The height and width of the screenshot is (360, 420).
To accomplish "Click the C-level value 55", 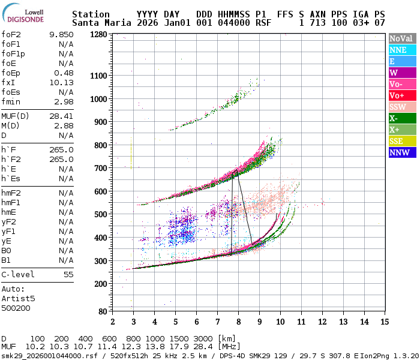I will click(x=68, y=274).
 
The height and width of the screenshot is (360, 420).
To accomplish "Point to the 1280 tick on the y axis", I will click(x=98, y=34).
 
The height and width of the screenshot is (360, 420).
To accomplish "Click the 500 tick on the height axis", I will click(x=101, y=214).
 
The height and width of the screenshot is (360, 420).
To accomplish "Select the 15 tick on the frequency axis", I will click(x=384, y=322).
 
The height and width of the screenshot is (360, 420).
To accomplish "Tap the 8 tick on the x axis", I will click(x=238, y=322).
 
